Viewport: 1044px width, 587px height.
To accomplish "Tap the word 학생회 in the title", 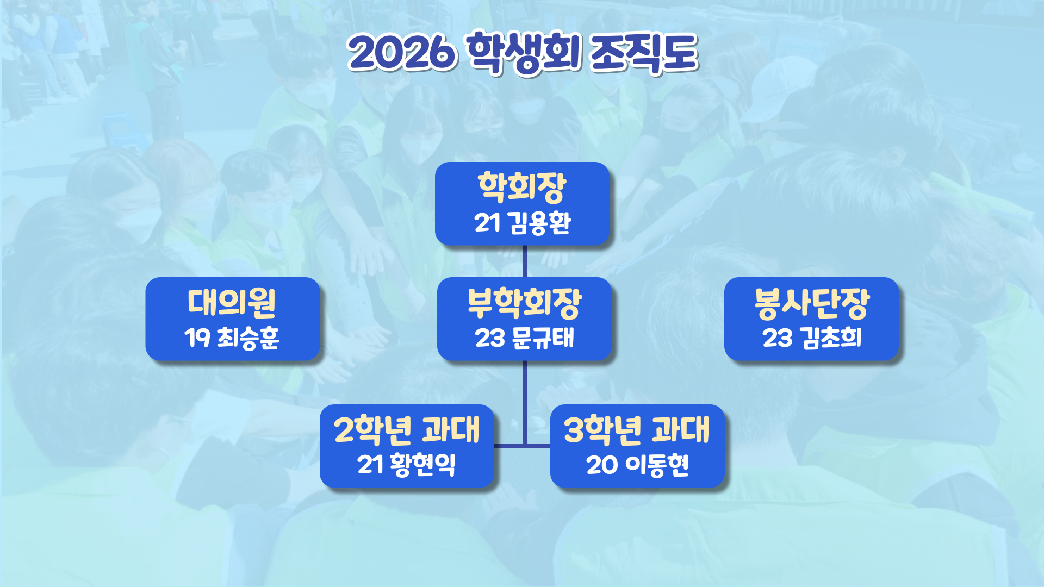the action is tap(524, 52).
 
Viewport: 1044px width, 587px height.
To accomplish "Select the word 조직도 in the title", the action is tap(644, 52).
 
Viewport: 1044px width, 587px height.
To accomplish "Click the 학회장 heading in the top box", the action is tap(522, 188).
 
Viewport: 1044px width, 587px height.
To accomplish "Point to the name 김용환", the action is tap(539, 223).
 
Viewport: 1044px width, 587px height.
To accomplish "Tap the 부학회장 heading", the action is tap(525, 303).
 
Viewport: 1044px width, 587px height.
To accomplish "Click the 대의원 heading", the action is tap(232, 303).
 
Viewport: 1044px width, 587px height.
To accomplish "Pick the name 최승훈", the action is tap(248, 338).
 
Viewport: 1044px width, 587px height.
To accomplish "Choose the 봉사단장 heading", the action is tap(812, 303).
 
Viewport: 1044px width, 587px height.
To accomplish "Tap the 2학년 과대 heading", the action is tap(407, 430).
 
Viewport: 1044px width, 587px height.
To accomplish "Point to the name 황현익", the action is tap(422, 465).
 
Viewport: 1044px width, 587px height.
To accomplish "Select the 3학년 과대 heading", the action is tap(637, 430).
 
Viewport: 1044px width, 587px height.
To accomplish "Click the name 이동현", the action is tap(657, 465).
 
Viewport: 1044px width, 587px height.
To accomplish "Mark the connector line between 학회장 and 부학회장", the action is tap(525, 261).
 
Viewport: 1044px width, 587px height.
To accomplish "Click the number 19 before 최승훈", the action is tap(197, 338).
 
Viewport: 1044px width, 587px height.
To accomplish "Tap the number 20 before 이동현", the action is tap(602, 465).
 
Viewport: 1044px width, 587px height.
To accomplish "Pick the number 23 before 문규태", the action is tap(490, 338).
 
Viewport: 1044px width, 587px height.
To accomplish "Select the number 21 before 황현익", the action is tap(371, 465).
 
